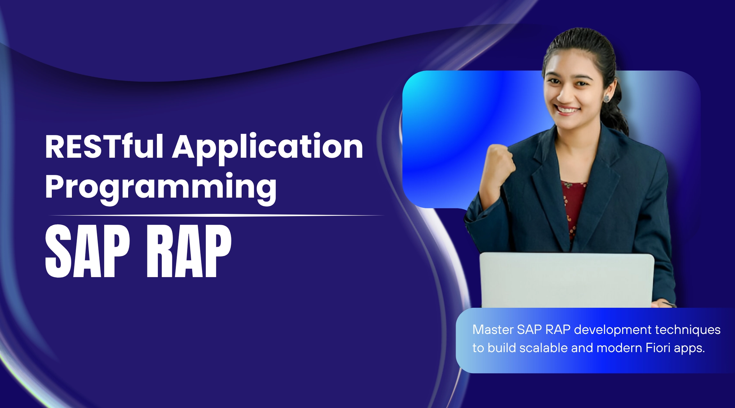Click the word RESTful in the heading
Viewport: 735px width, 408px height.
pyautogui.click(x=104, y=146)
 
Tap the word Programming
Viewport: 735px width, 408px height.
pyautogui.click(x=161, y=188)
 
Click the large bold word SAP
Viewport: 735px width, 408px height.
pyautogui.click(x=88, y=251)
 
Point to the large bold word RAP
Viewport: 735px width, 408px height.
pyautogui.click(x=189, y=251)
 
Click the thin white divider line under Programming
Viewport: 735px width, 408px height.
pyautogui.click(x=216, y=216)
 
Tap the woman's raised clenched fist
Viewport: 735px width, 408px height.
pyautogui.click(x=499, y=163)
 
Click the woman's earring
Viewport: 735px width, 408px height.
pyautogui.click(x=606, y=98)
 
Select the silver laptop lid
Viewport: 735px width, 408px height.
pyautogui.click(x=567, y=280)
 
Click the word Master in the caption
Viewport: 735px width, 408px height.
pyautogui.click(x=493, y=329)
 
